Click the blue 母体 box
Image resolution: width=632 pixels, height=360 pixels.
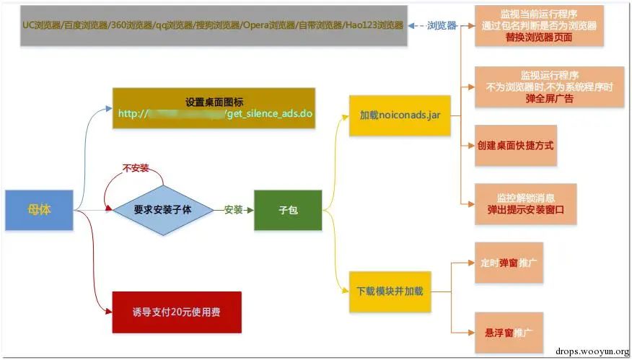(39, 210)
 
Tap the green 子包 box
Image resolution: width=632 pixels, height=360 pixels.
(288, 210)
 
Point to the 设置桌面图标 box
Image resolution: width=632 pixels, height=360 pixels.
(214, 108)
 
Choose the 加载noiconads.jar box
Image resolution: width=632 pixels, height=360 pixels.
(400, 115)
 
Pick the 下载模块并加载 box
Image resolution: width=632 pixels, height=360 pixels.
(390, 291)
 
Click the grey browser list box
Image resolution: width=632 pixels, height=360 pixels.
(213, 25)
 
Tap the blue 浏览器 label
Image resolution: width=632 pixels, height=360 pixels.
(442, 25)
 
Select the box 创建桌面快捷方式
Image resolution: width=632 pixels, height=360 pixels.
(515, 145)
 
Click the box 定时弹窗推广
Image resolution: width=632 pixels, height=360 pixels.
(509, 263)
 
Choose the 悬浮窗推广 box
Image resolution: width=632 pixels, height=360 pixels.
(509, 333)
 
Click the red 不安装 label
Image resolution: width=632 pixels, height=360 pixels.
(136, 168)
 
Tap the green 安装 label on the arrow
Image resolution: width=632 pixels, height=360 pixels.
(233, 210)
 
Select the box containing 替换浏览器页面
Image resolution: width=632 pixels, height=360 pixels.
(538, 26)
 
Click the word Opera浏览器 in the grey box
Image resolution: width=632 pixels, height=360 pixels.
(268, 25)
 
